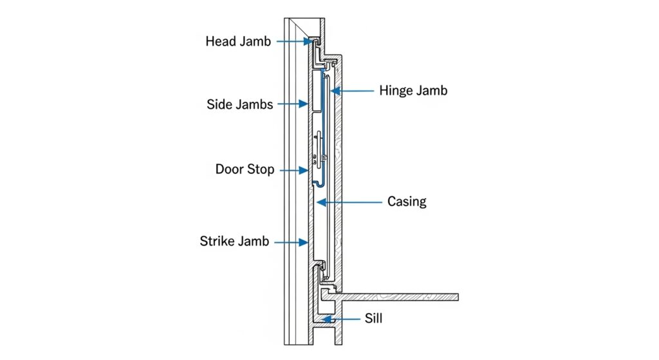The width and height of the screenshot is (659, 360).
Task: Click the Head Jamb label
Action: pos(238,42)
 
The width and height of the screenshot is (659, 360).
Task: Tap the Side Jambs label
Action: pos(240,104)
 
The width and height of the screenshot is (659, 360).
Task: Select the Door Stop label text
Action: pos(245,170)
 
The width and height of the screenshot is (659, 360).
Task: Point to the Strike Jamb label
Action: pos(234,242)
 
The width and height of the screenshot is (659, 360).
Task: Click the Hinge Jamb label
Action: pos(413,91)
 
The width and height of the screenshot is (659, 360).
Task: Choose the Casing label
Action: pos(407,202)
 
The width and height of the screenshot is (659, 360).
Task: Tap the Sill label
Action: pos(373,318)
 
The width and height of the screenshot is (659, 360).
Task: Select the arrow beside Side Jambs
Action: pos(297,104)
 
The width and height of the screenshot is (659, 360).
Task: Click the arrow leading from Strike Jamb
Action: pos(293,242)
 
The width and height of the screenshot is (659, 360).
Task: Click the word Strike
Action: pos(218,242)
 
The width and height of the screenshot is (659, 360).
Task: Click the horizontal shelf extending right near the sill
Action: pos(399,297)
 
